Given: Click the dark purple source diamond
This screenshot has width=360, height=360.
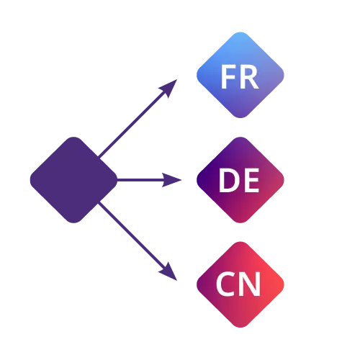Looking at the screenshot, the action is tap(73, 180).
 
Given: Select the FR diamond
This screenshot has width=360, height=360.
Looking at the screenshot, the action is tap(240, 75).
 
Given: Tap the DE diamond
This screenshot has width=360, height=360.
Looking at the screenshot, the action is tap(240, 180).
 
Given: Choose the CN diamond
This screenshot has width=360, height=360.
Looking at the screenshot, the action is tap(240, 284).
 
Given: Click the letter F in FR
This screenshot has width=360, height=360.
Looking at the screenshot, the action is tap(227, 77).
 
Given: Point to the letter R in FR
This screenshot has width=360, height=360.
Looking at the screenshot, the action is tap(249, 77).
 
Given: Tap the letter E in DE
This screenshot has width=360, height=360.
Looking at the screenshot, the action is tap(251, 180).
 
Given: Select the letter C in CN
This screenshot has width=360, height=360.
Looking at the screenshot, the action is tap(225, 284).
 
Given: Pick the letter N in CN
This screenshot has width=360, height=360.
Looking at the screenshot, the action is tap(251, 284).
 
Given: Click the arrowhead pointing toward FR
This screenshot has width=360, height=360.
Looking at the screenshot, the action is tap(168, 89).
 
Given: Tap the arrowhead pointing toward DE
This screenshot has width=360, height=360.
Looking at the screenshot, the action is tap(171, 180).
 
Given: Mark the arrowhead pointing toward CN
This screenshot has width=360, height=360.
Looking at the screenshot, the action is tap(168, 271).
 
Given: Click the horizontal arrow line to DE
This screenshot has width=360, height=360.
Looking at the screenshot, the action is tap(149, 180).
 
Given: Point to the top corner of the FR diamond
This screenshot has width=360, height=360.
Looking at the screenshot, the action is tap(240, 32).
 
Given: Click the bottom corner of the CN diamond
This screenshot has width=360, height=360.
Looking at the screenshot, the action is tap(240, 328).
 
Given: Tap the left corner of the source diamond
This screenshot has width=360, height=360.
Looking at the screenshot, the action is tap(30, 180).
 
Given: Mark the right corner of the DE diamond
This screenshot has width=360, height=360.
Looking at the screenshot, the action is tap(284, 180).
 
